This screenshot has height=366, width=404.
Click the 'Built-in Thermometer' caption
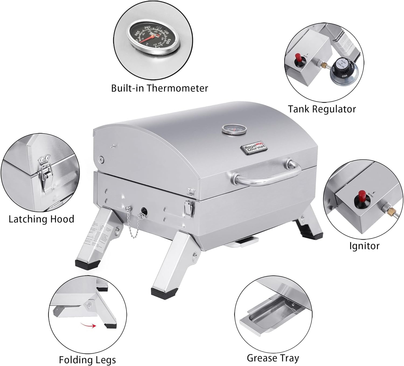point(159,88)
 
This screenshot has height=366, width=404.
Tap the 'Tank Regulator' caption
point(322,109)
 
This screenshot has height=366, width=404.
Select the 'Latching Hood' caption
point(41,219)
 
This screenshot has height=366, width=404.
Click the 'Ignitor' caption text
point(364,246)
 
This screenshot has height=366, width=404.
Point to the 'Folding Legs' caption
point(87,360)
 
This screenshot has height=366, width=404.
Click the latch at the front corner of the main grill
point(188,208)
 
